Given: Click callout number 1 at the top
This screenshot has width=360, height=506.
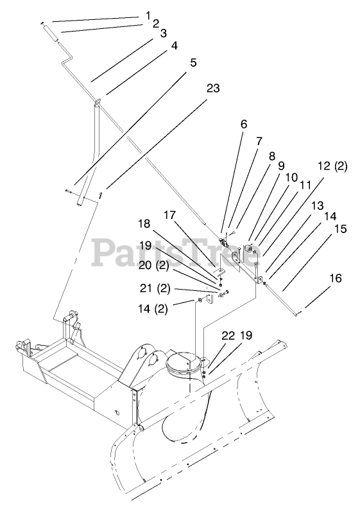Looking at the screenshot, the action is click(x=148, y=15).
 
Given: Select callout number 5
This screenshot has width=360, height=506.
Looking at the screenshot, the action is click(x=193, y=62).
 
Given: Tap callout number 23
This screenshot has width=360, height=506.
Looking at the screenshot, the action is click(x=213, y=88).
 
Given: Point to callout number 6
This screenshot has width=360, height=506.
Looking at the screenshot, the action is click(x=244, y=123).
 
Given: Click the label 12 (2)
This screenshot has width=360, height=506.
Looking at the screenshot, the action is click(x=332, y=166).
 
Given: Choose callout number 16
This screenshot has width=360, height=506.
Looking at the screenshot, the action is click(x=336, y=278).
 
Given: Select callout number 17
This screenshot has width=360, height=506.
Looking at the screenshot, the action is click(x=169, y=214).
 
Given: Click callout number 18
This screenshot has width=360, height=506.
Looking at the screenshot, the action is click(x=144, y=223).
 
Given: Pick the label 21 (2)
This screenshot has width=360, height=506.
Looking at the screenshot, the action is click(x=155, y=288).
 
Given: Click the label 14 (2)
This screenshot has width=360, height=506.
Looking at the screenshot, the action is click(x=153, y=309).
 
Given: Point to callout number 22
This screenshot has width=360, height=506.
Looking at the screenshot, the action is click(x=228, y=336).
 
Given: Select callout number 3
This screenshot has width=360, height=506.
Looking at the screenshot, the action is click(x=163, y=33).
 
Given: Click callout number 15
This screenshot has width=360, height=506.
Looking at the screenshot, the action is click(x=341, y=229).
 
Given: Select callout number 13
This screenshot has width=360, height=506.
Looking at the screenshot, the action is click(x=318, y=205).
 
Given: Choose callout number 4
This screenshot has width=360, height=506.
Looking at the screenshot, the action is click(x=174, y=46).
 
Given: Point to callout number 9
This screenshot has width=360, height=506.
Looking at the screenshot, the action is click(x=281, y=166).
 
